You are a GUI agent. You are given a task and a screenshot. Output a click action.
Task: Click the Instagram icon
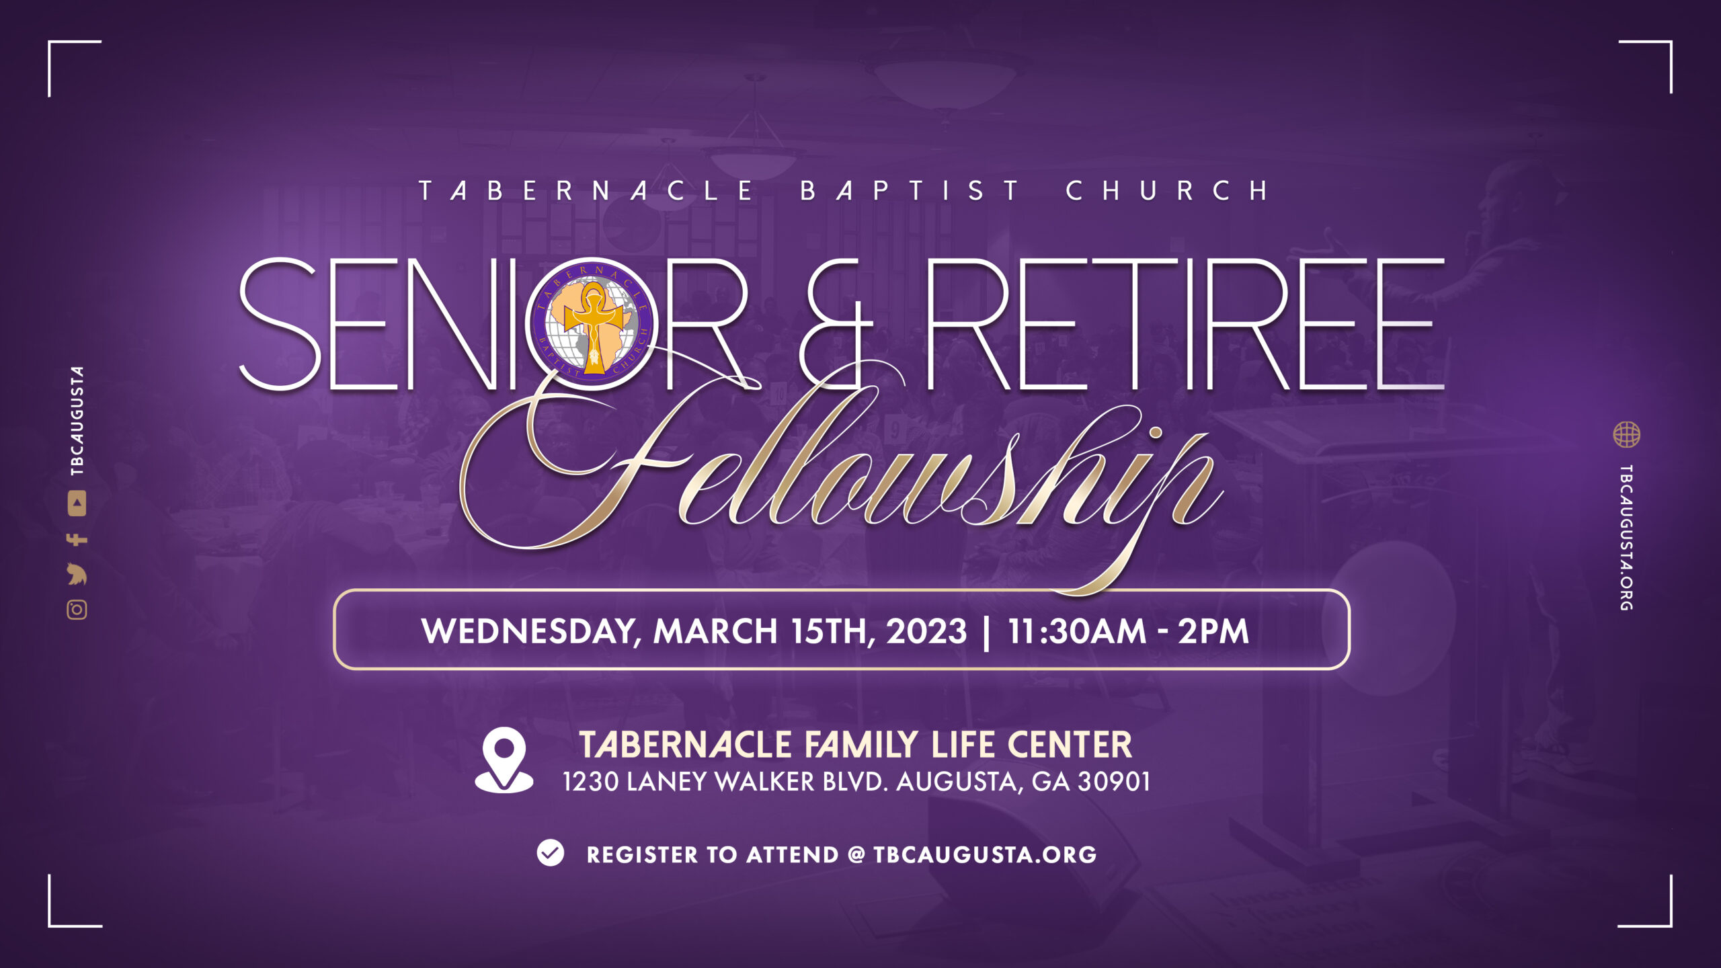pos(77,610)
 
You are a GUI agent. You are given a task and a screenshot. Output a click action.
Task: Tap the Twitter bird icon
pos(77,575)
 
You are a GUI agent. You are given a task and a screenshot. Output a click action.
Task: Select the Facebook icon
pos(77,539)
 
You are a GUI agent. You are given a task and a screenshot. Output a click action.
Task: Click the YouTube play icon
pos(77,503)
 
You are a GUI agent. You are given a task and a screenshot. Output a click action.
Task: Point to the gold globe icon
pos(1626,434)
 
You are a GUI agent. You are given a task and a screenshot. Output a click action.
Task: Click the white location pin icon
pos(504,760)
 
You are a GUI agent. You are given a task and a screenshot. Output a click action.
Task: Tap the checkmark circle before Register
pos(551,853)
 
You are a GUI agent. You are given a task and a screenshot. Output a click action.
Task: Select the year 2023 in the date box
pos(926,631)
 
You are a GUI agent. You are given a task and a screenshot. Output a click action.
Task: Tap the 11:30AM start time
pos(1077,631)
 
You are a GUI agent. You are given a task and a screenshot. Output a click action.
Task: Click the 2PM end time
pos(1213,631)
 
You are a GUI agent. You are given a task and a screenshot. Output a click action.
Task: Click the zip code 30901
pos(1114,782)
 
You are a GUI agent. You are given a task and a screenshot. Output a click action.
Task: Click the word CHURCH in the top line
pos(1167,191)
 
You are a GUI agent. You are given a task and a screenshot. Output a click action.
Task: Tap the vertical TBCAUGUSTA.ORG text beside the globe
pos(1626,538)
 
